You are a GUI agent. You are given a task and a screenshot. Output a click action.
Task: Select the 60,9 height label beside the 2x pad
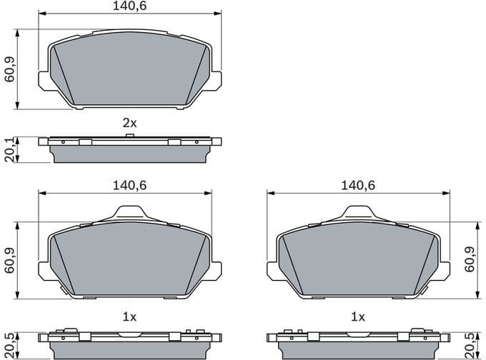pos(10,69)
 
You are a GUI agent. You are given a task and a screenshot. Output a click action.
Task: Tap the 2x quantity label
pos(129,123)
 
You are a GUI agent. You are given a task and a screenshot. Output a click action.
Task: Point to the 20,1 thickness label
pos(10,150)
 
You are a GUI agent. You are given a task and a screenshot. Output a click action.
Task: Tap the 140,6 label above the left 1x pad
pos(129,185)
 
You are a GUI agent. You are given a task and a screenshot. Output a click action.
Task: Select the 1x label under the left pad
pos(129,316)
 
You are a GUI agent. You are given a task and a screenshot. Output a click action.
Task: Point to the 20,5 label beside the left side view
pos(10,344)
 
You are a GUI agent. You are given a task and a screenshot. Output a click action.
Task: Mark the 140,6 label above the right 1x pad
pos(357,185)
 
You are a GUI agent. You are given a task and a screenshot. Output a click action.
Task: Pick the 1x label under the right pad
pos(357,316)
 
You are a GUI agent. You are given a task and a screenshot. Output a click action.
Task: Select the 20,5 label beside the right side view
pos(470,344)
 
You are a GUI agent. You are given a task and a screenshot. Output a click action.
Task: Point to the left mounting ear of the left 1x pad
pos(44,271)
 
